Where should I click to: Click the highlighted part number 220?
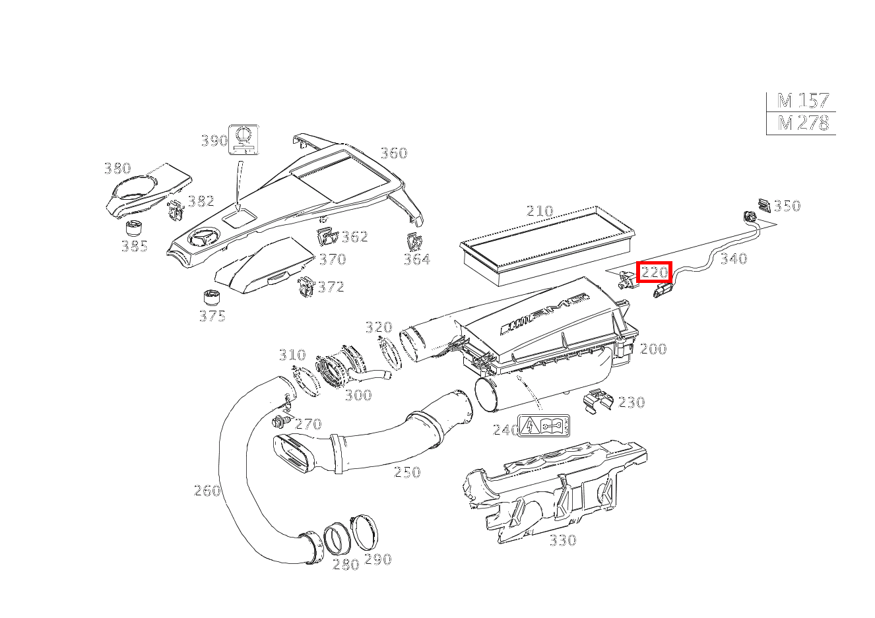pos(654,272)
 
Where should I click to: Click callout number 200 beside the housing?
pos(653,349)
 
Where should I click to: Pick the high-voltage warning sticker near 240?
pos(544,426)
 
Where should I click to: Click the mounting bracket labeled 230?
pos(599,400)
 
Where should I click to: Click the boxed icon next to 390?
pos(243,139)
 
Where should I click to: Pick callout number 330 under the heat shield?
pos(562,540)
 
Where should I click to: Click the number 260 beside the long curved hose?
pos(207,490)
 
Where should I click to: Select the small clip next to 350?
pos(765,205)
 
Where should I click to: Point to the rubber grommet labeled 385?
pos(135,230)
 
